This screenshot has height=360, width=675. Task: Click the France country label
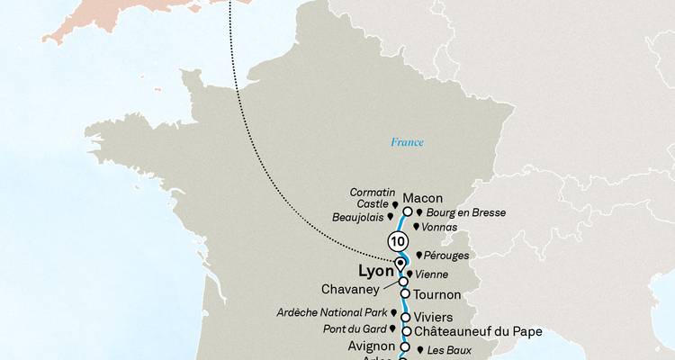tap(408, 142)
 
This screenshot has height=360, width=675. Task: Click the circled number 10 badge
tap(397, 242)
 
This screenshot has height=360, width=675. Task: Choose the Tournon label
tap(438, 294)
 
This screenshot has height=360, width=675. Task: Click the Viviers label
tap(435, 317)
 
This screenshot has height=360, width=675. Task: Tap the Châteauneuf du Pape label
tap(479, 332)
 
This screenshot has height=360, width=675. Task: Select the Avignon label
tap(371, 346)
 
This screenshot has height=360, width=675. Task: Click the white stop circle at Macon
tap(407, 212)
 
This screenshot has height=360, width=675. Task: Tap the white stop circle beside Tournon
tap(405, 293)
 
